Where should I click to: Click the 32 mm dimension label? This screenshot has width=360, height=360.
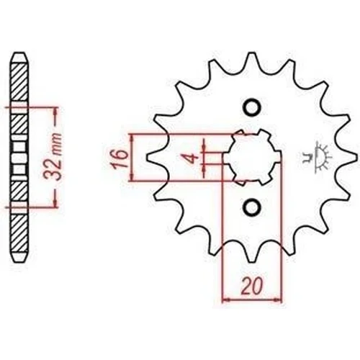pyautogui.click(x=53, y=156)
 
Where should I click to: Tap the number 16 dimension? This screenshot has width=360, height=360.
pyautogui.click(x=119, y=159)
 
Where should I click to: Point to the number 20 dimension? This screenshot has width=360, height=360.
pyautogui.click(x=252, y=287)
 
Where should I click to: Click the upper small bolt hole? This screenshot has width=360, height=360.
pyautogui.click(x=252, y=107)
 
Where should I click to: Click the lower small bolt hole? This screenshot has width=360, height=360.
pyautogui.click(x=252, y=207)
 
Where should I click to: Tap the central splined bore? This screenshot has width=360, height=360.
pyautogui.click(x=253, y=157)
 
